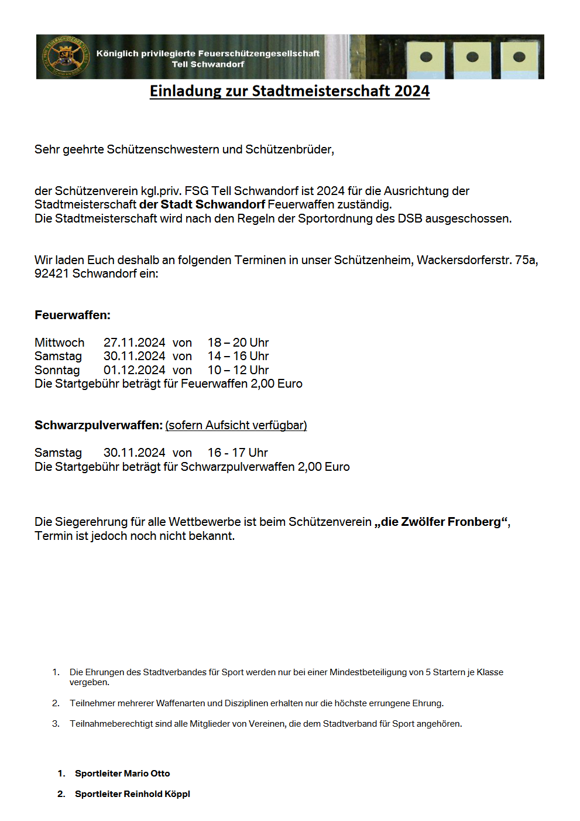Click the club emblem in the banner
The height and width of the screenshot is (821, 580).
coord(65,57)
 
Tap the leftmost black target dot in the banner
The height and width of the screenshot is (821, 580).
coord(426,57)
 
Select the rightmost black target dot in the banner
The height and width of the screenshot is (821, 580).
coord(519,57)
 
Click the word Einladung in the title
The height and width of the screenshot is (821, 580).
coord(184,91)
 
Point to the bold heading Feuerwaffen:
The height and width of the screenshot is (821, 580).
coord(73,315)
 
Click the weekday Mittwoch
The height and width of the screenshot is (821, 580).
coord(59,343)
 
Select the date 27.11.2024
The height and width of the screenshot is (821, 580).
coord(134,343)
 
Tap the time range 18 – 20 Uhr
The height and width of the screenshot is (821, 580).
coord(238,343)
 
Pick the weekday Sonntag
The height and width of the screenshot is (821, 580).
coord(57,370)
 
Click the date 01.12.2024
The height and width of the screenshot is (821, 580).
coord(134,370)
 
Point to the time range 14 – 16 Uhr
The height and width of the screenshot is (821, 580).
coord(238,356)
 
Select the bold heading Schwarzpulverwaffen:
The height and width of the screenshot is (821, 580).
coord(98,425)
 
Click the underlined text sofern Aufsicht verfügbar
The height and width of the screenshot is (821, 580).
coord(236,425)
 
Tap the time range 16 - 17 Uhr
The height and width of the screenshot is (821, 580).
coord(238,453)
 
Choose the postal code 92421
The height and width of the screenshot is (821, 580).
coord(52,273)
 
